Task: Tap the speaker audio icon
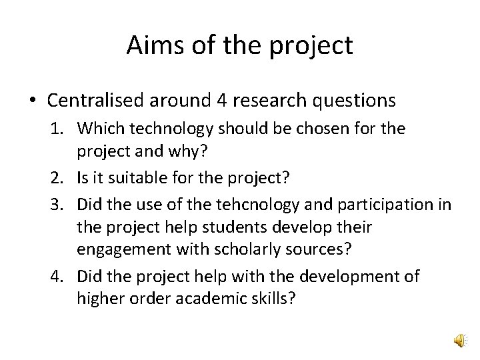(x=461, y=341)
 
